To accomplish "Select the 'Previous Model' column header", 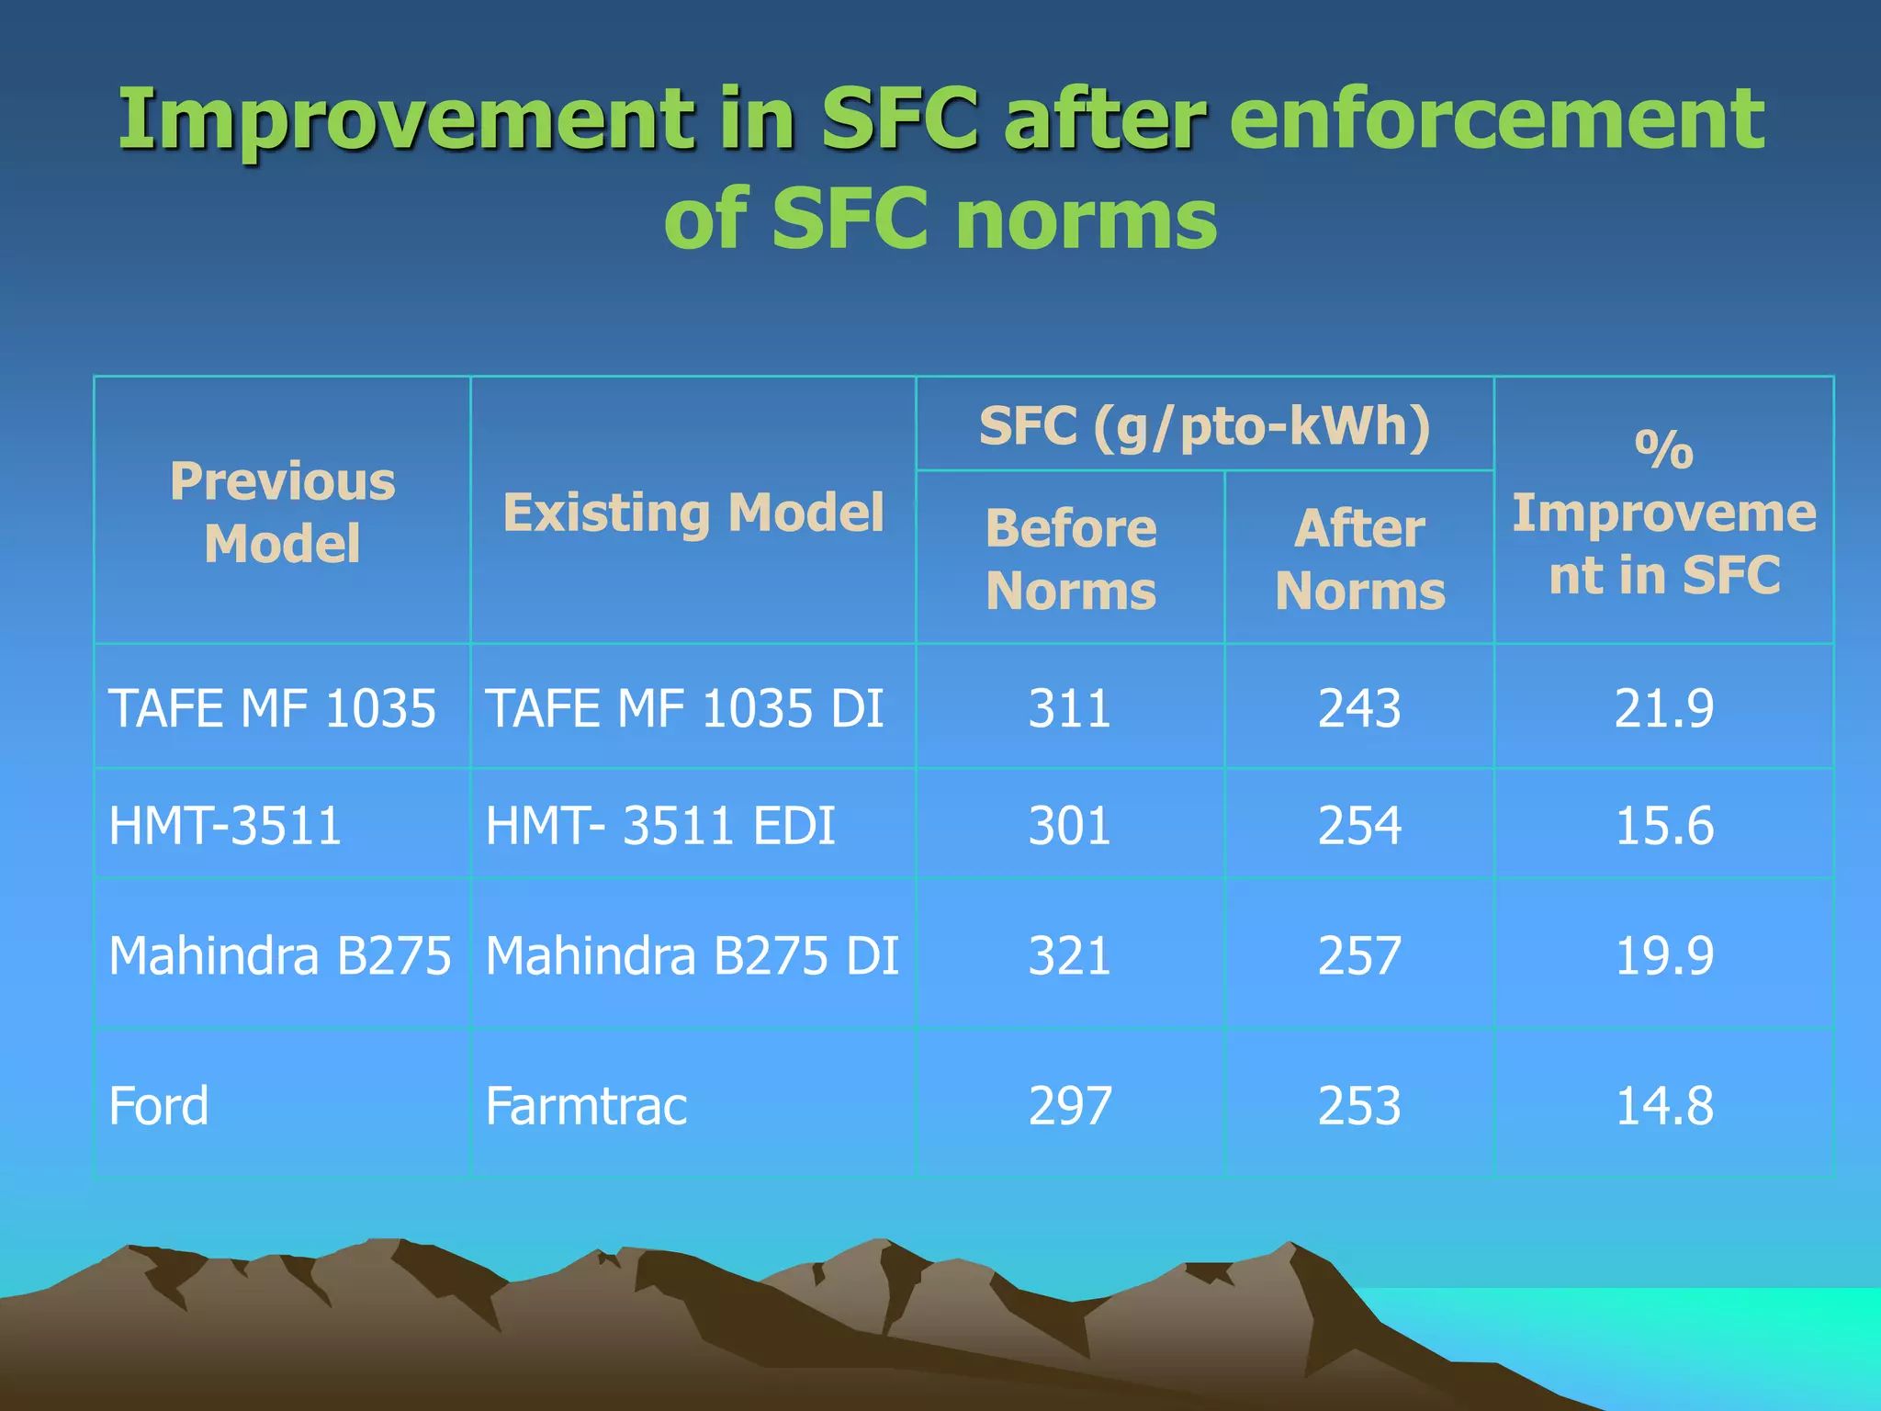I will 282,512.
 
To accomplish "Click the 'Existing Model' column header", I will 693,512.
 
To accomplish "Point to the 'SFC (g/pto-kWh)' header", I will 1204,426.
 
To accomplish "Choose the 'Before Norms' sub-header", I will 1070,559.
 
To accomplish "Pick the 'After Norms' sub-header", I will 1359,559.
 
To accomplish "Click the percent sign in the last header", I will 1663,450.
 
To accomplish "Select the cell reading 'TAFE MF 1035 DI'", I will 684,708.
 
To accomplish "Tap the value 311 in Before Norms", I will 1069,708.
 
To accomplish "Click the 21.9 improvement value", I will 1663,708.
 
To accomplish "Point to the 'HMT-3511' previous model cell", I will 225,825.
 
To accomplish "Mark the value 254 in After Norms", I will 1359,825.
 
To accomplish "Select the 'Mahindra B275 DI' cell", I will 692,955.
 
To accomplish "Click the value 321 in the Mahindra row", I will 1069,955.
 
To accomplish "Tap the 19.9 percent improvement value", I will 1663,955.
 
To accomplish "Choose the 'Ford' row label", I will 159,1105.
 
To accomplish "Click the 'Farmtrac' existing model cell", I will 586,1105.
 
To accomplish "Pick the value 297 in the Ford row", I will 1069,1105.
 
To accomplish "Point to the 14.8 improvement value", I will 1663,1105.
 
